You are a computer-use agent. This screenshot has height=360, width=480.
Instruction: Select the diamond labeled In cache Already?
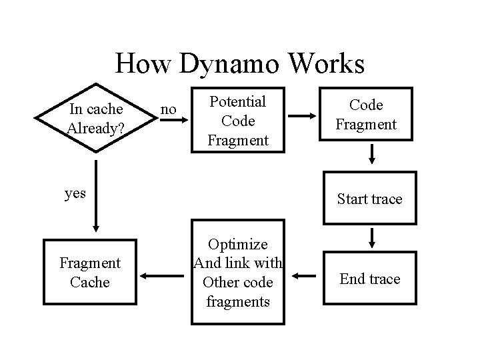[95, 119]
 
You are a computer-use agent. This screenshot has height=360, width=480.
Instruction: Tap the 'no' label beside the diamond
[169, 108]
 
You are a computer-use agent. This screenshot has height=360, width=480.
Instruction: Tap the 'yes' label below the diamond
[75, 193]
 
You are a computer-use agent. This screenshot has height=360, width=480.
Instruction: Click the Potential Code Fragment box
[238, 121]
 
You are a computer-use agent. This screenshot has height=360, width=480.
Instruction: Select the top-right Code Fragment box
[366, 115]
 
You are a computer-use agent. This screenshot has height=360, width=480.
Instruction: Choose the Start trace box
[369, 199]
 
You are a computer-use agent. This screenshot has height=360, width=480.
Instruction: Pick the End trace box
[369, 279]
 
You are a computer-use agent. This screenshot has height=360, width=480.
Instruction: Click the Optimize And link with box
[238, 273]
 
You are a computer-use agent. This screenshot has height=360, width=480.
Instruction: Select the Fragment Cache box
[89, 273]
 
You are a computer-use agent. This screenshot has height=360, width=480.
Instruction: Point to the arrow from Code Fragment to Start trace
[372, 153]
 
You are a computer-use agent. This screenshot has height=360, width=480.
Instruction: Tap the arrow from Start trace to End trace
[372, 236]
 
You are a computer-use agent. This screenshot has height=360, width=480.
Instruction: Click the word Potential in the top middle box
[238, 102]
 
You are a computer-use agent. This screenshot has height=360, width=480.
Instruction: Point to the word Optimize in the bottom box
[238, 245]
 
